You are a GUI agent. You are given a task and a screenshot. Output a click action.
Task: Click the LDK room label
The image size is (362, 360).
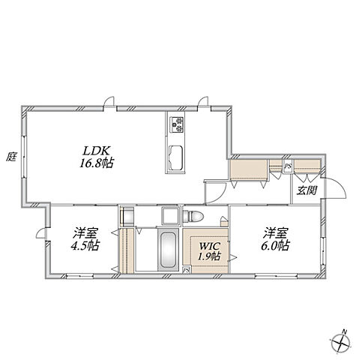tap(97, 151)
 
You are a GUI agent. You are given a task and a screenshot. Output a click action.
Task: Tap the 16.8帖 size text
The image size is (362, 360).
tap(97, 163)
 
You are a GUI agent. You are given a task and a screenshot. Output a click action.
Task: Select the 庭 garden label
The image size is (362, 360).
tap(11, 157)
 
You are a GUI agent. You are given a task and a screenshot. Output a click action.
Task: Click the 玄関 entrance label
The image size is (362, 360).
tap(307, 190)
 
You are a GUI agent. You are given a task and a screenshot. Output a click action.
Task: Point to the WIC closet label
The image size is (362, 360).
tap(209, 246)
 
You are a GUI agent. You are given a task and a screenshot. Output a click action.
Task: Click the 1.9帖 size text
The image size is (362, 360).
tap(209, 256)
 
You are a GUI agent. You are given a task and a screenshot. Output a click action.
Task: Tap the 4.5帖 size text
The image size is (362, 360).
tap(85, 245)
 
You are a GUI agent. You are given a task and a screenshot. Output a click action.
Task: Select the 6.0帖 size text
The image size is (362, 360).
tap(275, 245)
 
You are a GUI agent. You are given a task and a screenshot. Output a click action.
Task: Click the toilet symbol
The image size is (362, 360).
tap(193, 216)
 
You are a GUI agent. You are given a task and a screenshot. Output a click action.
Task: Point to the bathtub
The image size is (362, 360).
tap(169, 250)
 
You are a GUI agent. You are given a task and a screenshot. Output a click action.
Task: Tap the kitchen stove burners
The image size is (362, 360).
tap(177, 124)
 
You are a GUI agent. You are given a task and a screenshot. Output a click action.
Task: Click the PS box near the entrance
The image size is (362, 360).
tap(288, 166)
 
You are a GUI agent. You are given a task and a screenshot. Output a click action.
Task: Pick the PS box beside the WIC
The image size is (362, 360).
tap(187, 270)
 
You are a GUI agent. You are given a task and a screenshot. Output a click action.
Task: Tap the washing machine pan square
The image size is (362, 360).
tap(171, 215)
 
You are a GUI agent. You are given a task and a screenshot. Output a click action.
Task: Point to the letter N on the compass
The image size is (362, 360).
tap(344, 332)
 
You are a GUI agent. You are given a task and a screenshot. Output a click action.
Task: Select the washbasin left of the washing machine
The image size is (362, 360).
tap(127, 216)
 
